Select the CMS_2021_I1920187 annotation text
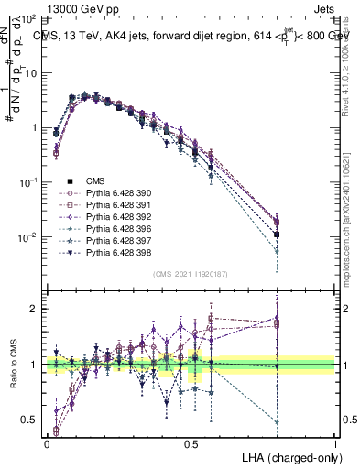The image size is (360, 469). coord(191,274)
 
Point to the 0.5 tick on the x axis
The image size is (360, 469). coord(191,442)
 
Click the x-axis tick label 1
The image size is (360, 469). coord(335,442)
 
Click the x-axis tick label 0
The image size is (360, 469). coord(47,442)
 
